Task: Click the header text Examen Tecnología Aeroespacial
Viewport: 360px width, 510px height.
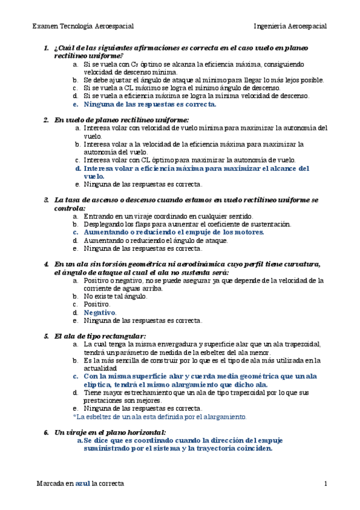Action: [82, 26]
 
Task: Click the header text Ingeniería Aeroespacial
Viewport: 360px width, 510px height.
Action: [290, 26]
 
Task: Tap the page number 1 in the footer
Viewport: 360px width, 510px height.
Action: [325, 484]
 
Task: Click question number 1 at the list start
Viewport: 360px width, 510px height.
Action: [46, 48]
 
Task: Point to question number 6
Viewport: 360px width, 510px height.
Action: [46, 432]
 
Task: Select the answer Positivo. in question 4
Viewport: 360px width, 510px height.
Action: [97, 304]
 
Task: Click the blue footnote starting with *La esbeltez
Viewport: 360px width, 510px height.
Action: [159, 416]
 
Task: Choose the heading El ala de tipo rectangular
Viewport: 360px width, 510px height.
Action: [100, 336]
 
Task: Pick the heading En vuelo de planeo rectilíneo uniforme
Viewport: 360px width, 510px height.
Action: [121, 120]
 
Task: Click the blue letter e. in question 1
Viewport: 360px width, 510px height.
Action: [75, 103]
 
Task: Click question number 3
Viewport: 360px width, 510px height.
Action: [46, 199]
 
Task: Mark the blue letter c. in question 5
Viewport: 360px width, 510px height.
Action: [75, 376]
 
